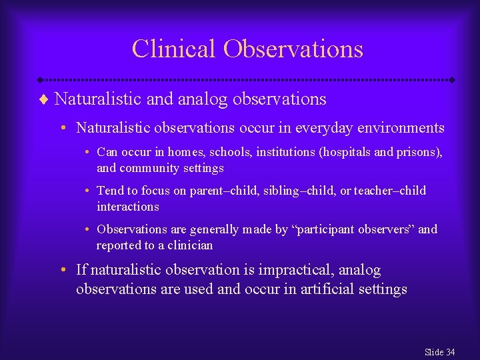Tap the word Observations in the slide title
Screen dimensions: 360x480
293,49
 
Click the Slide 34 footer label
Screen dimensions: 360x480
439,351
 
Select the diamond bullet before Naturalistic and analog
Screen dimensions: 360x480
45,100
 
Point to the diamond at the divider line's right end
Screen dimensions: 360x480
452,79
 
